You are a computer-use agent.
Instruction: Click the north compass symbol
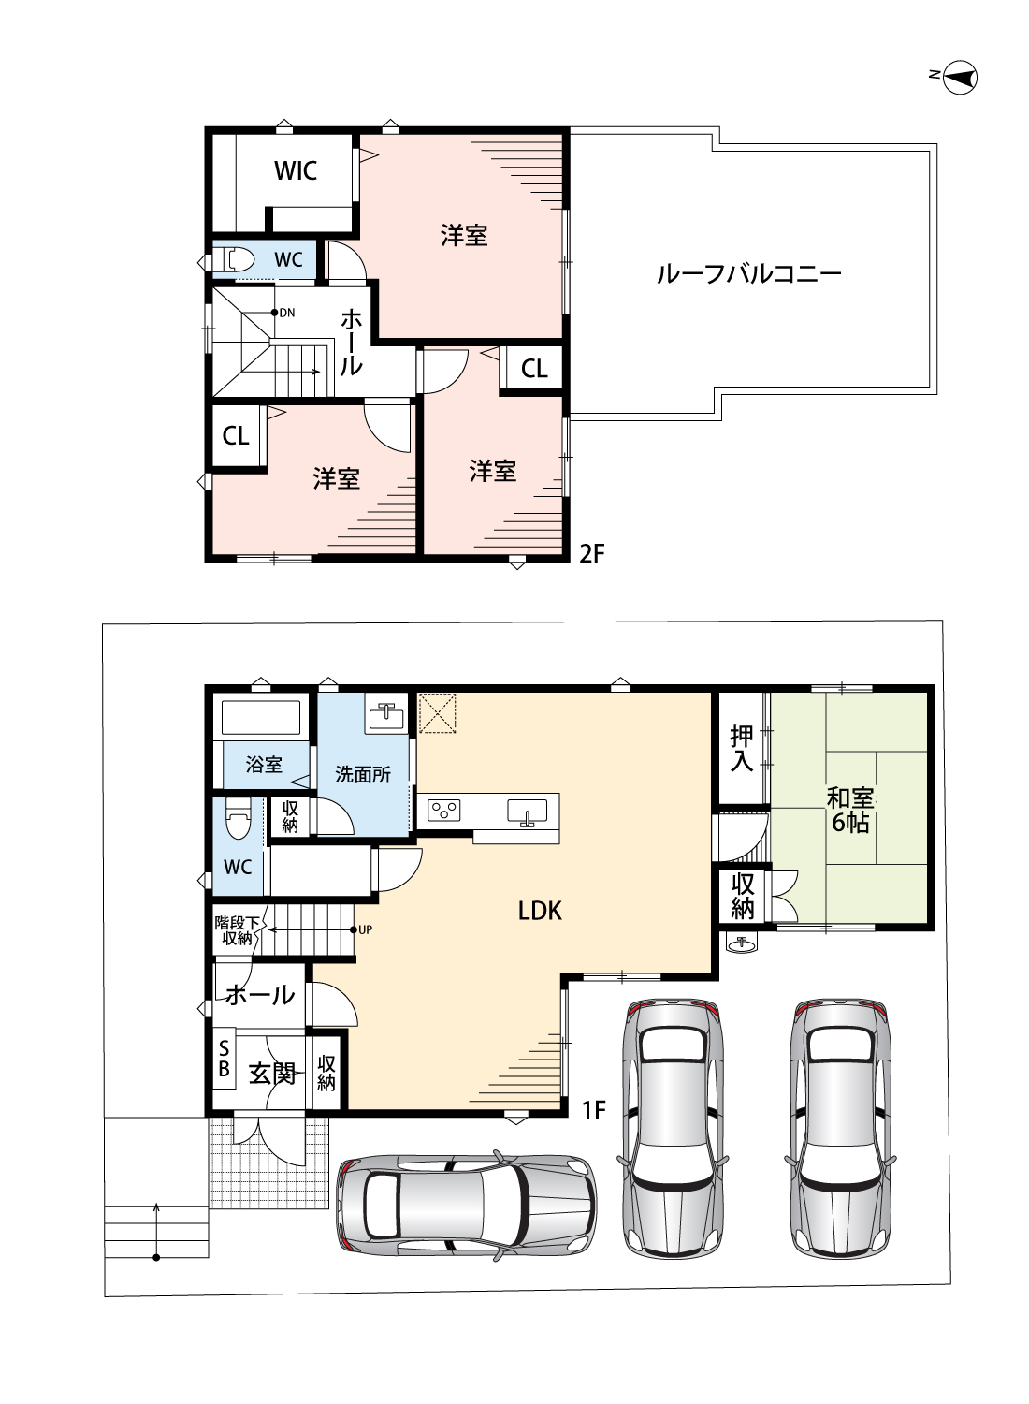coord(960,77)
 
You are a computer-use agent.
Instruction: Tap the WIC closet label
coord(296,170)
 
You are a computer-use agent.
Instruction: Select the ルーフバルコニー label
coord(748,273)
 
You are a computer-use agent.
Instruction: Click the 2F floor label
coord(592,553)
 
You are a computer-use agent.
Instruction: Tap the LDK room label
coord(540,910)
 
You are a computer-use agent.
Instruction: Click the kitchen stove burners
coord(443,810)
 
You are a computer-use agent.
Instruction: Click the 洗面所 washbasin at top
coord(385,717)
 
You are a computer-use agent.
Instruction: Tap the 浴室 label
coord(264,765)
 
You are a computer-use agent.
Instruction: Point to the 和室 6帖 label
coord(849,810)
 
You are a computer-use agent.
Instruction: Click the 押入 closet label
coord(742,748)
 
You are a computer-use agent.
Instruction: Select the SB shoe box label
coord(224,1059)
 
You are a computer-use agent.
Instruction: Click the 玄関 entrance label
coord(272,1073)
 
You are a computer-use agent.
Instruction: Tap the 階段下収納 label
coord(237,929)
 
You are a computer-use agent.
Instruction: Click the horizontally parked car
coord(466,1205)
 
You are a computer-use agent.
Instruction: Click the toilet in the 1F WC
coord(238,822)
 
